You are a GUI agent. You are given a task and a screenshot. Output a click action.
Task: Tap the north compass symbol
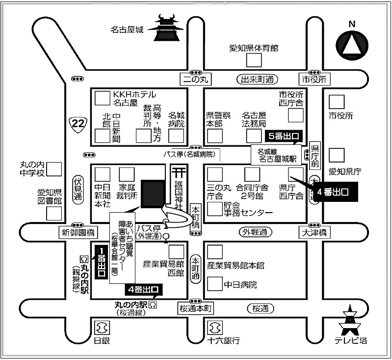click(351, 45)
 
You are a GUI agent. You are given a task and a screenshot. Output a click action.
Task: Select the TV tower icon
click(351, 320)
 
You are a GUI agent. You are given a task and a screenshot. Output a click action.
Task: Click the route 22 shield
click(77, 123)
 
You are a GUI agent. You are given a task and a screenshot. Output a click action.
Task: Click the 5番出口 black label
click(282, 136)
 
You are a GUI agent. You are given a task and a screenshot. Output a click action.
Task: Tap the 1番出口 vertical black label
click(101, 264)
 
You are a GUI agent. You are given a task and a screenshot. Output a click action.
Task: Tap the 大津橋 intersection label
click(314, 232)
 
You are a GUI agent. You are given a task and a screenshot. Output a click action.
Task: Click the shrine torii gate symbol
click(178, 172)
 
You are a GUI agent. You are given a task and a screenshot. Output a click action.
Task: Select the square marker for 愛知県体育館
click(254, 60)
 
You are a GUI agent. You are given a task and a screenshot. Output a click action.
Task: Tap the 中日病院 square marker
click(214, 283)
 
